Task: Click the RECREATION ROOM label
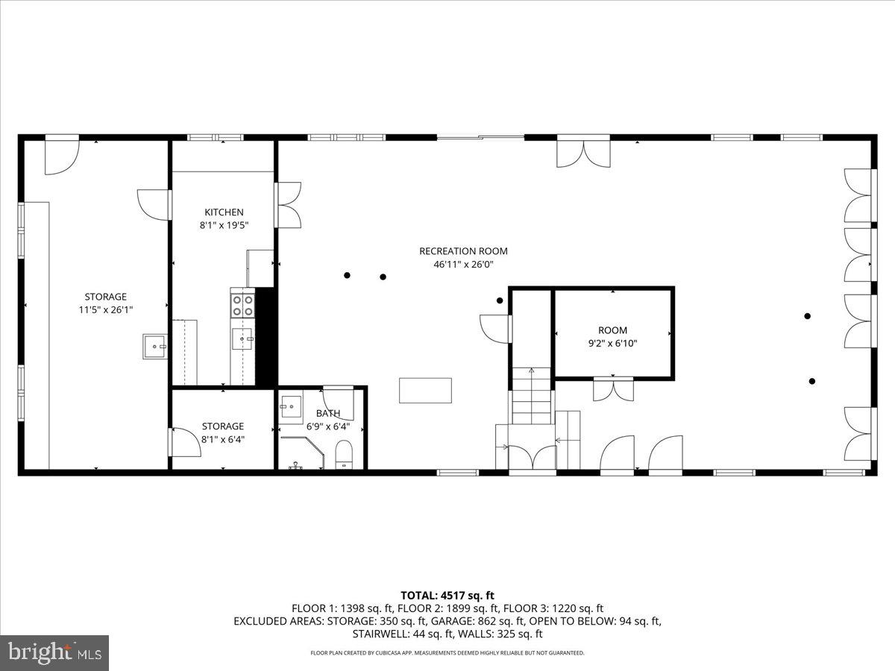463,251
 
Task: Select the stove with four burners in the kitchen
242,306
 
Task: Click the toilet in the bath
344,454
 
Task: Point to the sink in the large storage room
154,346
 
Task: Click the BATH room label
327,413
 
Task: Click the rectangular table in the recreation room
425,390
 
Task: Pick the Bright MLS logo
54,653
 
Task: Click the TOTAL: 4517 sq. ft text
447,595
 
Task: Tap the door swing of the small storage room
186,442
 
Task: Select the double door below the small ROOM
613,389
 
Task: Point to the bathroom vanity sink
291,409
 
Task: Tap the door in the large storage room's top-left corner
61,156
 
